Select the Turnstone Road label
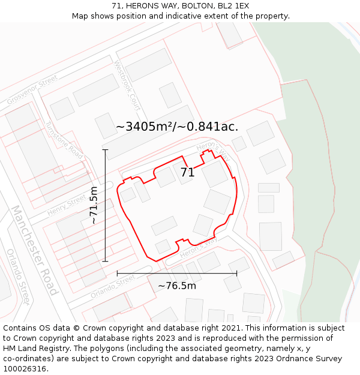tap(64, 140)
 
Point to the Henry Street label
tap(67, 204)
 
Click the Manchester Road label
tap(35, 251)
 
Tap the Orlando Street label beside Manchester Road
tap(17, 277)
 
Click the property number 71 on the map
tap(187, 173)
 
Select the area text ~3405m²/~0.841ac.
tap(177, 127)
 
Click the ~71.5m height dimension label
tap(94, 205)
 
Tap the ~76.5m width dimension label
tap(177, 286)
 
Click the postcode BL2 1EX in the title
tap(233, 6)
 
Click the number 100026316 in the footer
tap(25, 368)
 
